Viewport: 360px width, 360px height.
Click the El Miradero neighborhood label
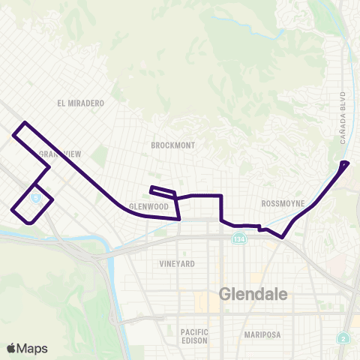coord(80,103)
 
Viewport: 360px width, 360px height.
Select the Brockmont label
coord(172,145)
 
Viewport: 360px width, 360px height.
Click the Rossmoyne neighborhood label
coord(282,203)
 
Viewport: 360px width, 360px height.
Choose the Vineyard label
coord(177,264)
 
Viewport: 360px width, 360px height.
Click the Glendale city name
coord(253,295)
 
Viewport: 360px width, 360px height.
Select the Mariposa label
coord(263,335)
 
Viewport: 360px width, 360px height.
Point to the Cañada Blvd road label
coord(342,118)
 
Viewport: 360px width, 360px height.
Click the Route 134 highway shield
coord(238,238)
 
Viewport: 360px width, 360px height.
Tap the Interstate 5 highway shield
coord(35,197)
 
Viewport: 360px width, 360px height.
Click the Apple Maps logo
coord(26,348)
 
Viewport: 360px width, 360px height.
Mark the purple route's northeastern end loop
coord(344,163)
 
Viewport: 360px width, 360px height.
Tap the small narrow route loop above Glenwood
coord(163,191)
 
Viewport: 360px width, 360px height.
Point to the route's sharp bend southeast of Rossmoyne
coord(282,238)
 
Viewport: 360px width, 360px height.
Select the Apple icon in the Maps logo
coord(11,347)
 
